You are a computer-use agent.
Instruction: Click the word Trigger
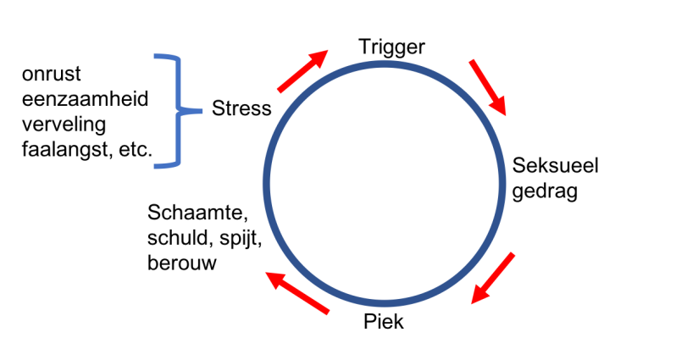pos(391,47)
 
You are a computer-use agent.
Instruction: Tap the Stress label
pos(241,108)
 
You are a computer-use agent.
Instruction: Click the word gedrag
pos(545,191)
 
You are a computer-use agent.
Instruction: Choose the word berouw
pos(181,263)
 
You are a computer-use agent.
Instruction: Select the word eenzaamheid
pos(85,100)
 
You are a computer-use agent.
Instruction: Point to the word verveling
pos(64,125)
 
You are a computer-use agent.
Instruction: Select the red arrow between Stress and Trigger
pos(302,70)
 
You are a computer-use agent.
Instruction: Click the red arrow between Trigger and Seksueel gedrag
pos(488,87)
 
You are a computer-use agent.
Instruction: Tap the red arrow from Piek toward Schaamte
pos(296,292)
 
